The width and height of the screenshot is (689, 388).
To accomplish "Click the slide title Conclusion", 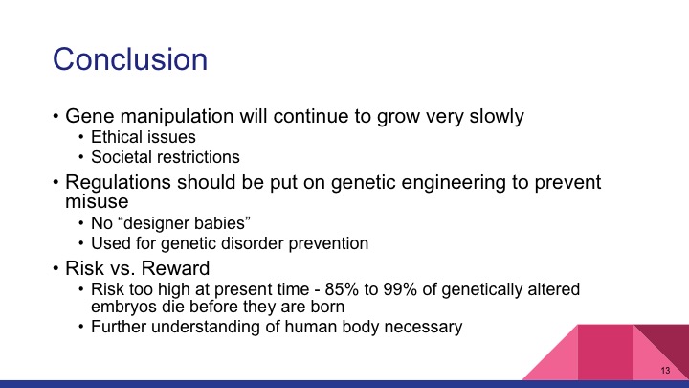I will pos(130,59).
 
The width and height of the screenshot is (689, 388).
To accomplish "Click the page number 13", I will pos(664,370).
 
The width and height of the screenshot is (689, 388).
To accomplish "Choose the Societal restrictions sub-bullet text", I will pos(165,156).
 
